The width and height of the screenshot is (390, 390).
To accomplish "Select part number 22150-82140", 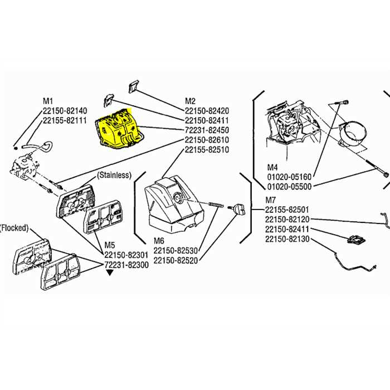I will point(65,110).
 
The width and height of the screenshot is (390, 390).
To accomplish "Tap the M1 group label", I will point(48,101).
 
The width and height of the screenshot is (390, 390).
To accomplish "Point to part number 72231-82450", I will point(207,130).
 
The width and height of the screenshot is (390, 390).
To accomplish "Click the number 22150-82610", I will point(207,139).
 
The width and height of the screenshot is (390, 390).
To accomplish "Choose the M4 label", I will point(272,167).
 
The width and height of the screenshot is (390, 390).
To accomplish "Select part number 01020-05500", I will point(289,186).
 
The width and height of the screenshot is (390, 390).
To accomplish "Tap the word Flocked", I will point(14,228).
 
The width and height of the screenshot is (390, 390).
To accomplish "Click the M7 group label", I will point(271,199).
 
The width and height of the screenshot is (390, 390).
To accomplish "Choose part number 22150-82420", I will point(207,110).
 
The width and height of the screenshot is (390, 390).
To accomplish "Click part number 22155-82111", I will point(65,120).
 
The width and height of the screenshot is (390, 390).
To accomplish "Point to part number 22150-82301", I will point(126,255).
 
